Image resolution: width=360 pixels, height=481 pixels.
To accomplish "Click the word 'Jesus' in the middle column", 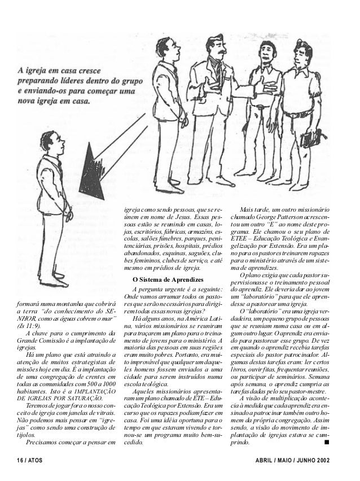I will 181,217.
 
